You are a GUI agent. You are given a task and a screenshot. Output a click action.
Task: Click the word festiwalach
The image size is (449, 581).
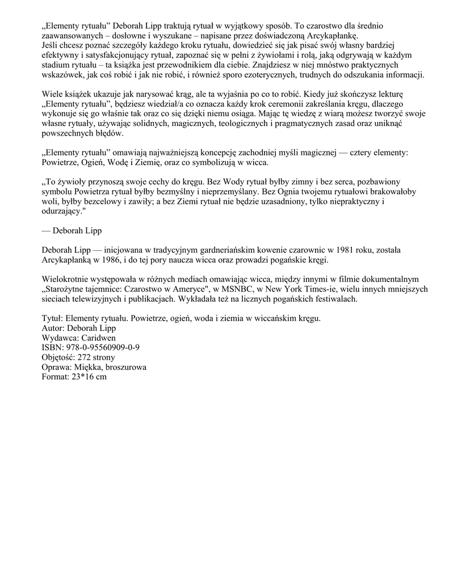coord(333,300)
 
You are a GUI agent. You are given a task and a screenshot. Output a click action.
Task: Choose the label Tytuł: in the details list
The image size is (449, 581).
coord(54,319)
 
